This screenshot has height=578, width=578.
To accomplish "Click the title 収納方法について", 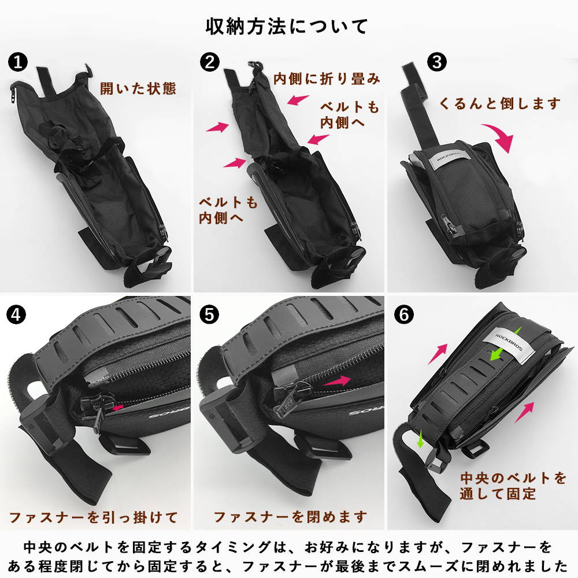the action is pyautogui.click(x=287, y=27).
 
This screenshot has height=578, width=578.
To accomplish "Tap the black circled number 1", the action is pyautogui.click(x=18, y=62).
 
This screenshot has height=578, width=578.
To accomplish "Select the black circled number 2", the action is pyautogui.click(x=210, y=62).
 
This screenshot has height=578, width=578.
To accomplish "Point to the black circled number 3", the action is pyautogui.click(x=437, y=62).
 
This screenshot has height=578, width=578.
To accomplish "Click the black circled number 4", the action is pyautogui.click(x=16, y=314).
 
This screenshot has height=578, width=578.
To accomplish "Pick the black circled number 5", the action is pyautogui.click(x=209, y=314).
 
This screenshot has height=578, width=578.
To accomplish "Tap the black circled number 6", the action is pyautogui.click(x=404, y=314).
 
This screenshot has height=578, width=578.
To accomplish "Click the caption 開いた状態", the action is pyautogui.click(x=138, y=88).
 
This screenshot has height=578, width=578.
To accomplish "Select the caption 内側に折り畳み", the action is pyautogui.click(x=327, y=79).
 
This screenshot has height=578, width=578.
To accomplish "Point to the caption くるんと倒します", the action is pyautogui.click(x=500, y=103).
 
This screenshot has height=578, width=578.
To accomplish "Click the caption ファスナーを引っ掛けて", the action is pyautogui.click(x=93, y=517).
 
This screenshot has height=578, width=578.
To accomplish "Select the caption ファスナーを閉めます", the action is pyautogui.click(x=291, y=517).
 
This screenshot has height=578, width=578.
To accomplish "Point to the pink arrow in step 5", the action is pyautogui.click(x=337, y=381).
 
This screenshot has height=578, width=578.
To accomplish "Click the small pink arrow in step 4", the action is pyautogui.click(x=117, y=407).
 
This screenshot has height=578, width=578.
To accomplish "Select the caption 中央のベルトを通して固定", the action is pyautogui.click(x=513, y=486).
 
